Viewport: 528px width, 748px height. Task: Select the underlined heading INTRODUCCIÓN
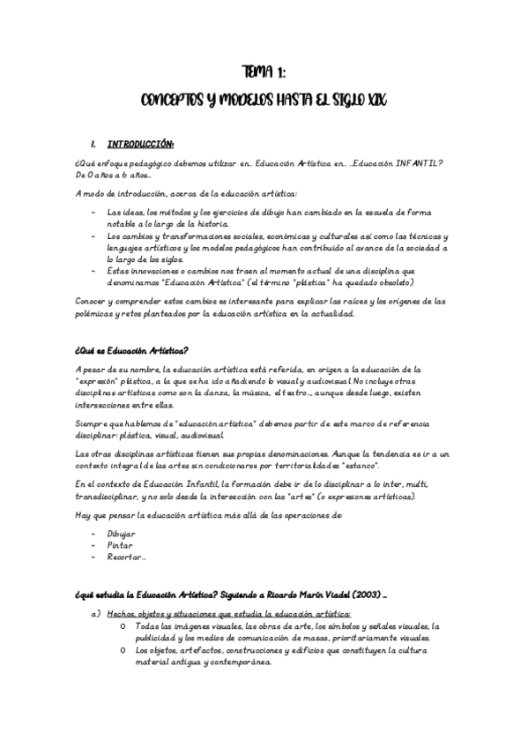coord(140,144)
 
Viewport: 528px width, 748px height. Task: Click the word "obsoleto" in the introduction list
coord(393,281)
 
